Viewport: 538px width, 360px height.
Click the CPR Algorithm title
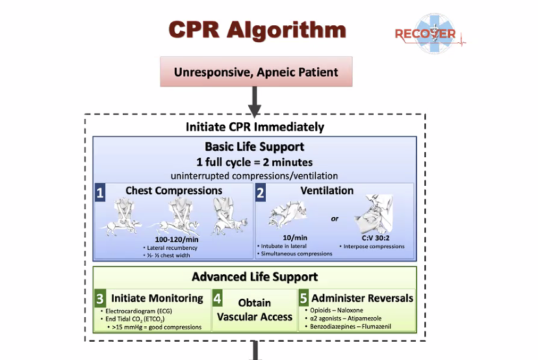(257, 30)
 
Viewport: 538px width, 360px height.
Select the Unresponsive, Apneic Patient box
(256, 72)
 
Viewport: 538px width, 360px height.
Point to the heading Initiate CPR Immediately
(255, 126)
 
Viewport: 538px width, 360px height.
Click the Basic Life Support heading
(255, 147)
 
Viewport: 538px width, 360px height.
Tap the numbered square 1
(101, 192)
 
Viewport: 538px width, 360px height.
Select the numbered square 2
(261, 192)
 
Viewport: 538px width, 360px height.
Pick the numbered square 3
(100, 300)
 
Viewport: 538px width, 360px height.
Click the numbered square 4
(218, 300)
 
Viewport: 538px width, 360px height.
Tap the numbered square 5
(304, 300)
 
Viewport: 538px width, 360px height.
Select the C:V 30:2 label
(372, 238)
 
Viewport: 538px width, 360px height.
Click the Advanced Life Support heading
(255, 277)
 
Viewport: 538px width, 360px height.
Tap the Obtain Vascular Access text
(254, 310)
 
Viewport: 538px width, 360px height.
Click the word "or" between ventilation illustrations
(335, 218)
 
